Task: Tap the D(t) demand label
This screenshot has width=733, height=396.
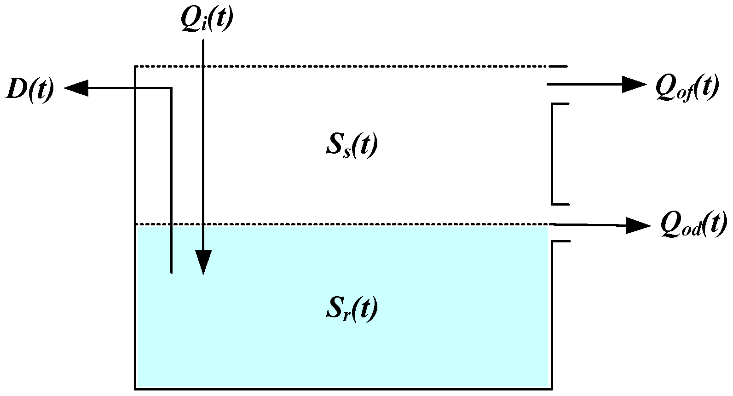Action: [30, 89]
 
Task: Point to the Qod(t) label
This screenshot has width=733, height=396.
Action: [693, 224]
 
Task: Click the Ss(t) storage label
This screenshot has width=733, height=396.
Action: [352, 146]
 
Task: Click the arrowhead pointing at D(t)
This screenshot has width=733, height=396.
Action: [76, 88]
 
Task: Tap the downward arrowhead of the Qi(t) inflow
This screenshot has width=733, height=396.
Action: [203, 262]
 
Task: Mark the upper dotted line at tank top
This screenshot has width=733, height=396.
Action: [341, 67]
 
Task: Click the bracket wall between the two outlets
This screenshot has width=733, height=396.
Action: [552, 154]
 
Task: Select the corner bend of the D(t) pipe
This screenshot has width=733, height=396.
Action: [172, 88]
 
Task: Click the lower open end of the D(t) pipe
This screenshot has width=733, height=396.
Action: [172, 272]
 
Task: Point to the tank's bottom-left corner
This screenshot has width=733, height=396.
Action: [135, 389]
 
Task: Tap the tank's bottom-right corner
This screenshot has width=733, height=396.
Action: [552, 389]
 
